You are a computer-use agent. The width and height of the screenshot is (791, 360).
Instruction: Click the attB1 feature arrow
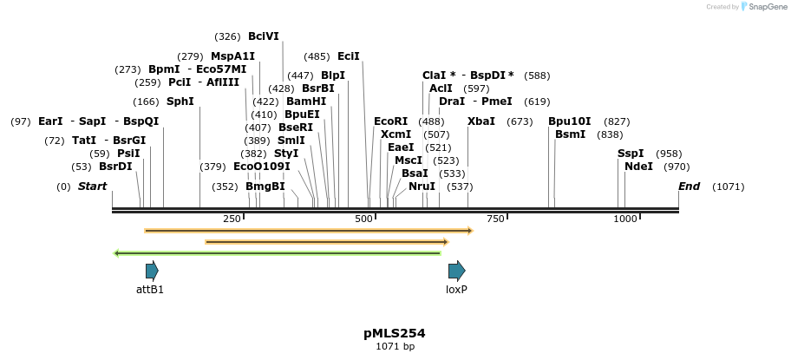pos(152,270)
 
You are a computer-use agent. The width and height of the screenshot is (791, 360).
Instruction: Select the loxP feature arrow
pos(456,270)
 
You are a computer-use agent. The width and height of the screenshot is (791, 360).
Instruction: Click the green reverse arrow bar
pos(278,253)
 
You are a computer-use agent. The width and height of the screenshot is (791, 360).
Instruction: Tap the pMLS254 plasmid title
pos(395,333)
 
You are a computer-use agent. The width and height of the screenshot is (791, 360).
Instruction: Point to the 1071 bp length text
pos(395,347)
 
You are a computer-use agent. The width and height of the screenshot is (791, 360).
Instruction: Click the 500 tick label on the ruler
pos(363,219)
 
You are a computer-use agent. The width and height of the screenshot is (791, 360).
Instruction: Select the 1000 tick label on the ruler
pos(625,219)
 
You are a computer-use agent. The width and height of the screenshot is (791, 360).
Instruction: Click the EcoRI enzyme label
pos(390,121)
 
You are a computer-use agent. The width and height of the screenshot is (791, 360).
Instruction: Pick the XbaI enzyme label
pos(481,121)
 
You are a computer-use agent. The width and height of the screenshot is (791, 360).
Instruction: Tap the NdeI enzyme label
pos(638,167)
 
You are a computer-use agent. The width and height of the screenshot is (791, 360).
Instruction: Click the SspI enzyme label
pos(631,154)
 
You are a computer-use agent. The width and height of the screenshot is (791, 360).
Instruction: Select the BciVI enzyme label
pos(264,36)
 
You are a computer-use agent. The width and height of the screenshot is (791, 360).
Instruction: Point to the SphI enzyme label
pos(180,101)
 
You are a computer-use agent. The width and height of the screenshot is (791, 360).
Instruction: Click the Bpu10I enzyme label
pos(569,121)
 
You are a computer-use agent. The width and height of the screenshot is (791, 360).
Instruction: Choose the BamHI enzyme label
pos(306,101)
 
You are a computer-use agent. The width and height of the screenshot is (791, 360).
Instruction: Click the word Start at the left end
pos(93,187)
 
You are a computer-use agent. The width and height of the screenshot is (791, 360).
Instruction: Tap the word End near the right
pos(689,187)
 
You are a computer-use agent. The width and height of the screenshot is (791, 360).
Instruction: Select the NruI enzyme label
pos(422,187)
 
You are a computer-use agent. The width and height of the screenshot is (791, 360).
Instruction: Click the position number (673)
pos(520,121)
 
